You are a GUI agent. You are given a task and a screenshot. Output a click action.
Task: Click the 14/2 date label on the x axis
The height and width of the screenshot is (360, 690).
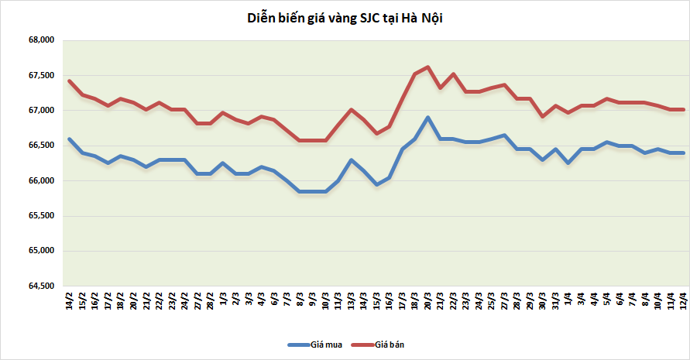tap(70, 302)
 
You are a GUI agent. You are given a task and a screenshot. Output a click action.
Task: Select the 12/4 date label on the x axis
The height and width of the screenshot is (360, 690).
tap(683, 302)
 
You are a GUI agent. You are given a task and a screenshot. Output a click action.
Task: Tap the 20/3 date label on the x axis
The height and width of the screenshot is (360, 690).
tap(428, 302)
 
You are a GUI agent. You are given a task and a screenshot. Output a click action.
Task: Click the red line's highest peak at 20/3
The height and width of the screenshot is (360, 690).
tap(428, 67)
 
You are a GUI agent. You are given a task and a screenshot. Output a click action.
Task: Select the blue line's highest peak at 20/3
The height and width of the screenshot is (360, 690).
tap(428, 118)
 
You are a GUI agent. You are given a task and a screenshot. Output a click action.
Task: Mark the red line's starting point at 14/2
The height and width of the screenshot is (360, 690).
tap(70, 81)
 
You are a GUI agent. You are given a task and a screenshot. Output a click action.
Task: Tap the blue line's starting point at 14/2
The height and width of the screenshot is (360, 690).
tap(70, 139)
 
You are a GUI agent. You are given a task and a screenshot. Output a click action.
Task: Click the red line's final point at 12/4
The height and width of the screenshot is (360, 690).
tap(683, 110)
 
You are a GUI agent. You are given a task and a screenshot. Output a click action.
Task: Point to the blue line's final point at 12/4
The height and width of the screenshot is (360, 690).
tap(683, 153)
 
